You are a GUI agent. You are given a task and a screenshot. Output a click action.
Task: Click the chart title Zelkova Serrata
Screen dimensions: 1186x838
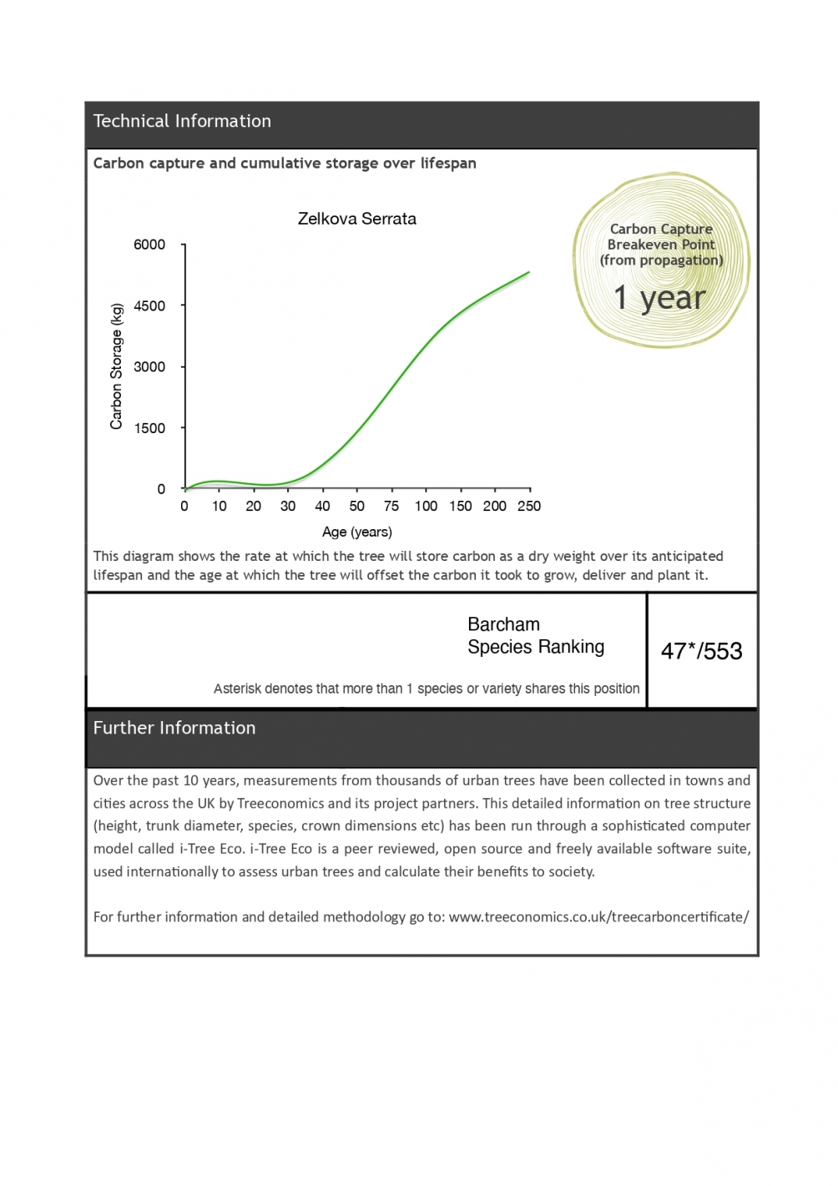click(x=356, y=219)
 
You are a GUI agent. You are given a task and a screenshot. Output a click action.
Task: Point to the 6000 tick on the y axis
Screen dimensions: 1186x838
click(x=149, y=245)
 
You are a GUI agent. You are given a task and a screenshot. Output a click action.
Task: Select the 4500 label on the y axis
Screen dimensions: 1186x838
click(x=149, y=305)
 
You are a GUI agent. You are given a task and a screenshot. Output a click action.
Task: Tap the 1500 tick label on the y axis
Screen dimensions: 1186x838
click(x=149, y=428)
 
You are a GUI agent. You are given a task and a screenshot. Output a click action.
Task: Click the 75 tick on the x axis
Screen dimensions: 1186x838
click(x=391, y=506)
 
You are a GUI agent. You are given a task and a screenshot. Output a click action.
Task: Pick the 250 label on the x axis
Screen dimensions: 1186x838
click(x=529, y=506)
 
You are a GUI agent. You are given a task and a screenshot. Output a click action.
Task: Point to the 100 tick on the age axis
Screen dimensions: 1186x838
click(x=426, y=506)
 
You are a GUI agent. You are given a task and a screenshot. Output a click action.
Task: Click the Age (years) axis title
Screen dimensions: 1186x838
click(x=356, y=532)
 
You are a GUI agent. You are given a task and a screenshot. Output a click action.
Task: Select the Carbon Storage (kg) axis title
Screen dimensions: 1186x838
click(x=116, y=366)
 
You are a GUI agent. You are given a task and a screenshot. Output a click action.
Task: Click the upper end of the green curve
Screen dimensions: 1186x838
click(x=528, y=272)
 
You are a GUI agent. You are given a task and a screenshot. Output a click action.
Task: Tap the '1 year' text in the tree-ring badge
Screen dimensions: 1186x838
click(x=659, y=297)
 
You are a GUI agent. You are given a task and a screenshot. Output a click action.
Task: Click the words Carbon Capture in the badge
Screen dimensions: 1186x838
click(x=661, y=229)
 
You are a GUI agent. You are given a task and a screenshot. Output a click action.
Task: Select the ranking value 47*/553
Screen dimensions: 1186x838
click(x=701, y=651)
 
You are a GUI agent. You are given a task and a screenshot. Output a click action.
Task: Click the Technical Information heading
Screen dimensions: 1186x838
click(x=182, y=121)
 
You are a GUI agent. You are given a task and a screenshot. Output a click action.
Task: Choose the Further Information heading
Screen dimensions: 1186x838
click(x=174, y=728)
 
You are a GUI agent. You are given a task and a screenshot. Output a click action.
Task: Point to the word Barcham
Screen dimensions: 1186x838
click(x=503, y=624)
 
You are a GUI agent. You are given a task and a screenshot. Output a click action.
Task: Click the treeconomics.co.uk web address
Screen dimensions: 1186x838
click(x=598, y=916)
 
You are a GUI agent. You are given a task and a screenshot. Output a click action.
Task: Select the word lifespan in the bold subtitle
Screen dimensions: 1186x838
click(x=447, y=163)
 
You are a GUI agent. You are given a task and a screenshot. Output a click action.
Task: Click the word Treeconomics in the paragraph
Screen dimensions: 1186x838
click(x=280, y=803)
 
